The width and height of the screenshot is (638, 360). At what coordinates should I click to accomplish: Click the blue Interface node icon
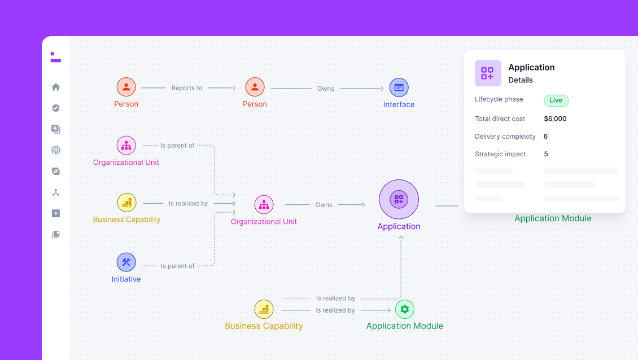[399, 87]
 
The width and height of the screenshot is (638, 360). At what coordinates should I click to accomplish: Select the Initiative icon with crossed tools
[126, 262]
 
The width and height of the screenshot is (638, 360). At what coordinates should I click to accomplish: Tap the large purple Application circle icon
[399, 199]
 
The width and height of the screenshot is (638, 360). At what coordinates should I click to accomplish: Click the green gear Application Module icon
[404, 309]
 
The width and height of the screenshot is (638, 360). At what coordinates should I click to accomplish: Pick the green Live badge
[556, 100]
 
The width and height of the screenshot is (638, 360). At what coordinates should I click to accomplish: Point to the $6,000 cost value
[555, 119]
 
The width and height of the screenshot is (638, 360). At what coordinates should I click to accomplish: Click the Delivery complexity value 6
[545, 137]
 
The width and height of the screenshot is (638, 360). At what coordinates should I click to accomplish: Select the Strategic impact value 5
[546, 154]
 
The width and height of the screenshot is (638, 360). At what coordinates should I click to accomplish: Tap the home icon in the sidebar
[56, 87]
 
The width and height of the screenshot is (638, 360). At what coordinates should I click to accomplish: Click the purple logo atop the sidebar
[55, 57]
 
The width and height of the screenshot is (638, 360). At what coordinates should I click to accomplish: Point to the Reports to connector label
[187, 88]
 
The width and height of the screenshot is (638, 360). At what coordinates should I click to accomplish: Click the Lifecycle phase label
[499, 99]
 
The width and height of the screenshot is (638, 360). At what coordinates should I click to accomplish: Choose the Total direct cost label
[500, 119]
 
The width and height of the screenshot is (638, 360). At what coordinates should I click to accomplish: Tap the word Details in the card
[521, 80]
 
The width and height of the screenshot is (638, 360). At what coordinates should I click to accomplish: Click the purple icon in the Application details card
[488, 73]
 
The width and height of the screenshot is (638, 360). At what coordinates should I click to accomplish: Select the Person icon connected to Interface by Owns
[255, 87]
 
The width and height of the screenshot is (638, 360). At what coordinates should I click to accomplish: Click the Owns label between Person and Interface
[326, 89]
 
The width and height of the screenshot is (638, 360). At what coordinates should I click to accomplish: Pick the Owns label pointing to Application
[324, 205]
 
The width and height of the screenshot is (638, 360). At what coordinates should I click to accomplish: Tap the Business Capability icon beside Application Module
[264, 309]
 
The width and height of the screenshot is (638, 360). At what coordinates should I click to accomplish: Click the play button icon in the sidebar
[56, 213]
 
